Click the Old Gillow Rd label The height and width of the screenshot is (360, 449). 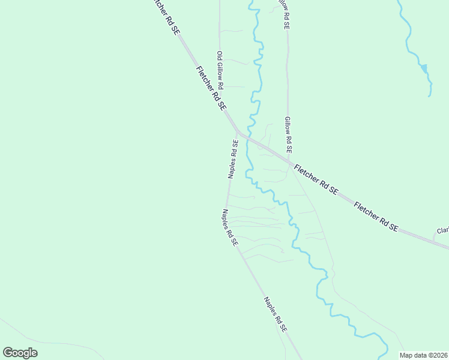coord(220,70)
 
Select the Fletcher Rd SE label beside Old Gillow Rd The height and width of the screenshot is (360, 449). coord(211,88)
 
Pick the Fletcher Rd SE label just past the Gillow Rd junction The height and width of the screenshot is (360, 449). coord(316,179)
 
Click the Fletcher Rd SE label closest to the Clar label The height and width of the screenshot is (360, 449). coord(376,217)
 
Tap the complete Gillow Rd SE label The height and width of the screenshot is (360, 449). coord(288,134)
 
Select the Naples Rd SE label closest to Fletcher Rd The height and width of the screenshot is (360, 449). coord(233,159)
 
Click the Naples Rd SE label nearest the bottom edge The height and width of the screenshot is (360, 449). coord(276,315)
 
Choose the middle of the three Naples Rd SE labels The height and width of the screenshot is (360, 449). coord(230,227)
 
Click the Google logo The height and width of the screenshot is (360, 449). coord(20,352)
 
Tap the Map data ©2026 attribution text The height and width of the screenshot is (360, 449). coord(424,355)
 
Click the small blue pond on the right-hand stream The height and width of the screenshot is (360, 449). coord(424,68)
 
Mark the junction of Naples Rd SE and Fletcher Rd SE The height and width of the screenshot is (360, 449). coord(238,131)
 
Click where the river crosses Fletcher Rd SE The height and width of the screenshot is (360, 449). coord(249,139)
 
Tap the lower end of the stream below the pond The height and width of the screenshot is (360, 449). coord(430,95)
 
